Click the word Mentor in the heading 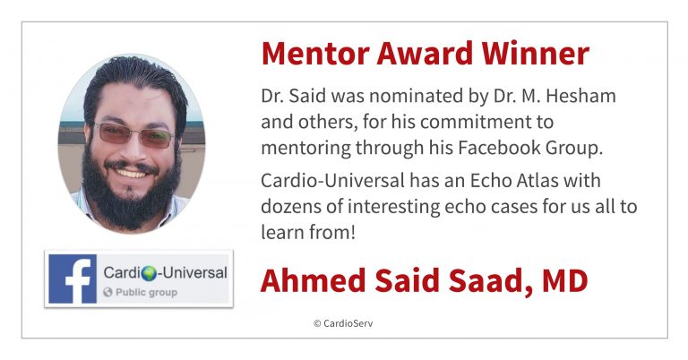click(x=315, y=54)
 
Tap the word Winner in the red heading click(x=536, y=54)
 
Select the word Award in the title click(x=426, y=54)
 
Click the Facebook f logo click(x=73, y=279)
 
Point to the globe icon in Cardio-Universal click(x=150, y=273)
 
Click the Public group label click(x=141, y=292)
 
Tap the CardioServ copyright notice click(x=343, y=323)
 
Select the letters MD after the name click(x=565, y=280)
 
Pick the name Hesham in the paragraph click(x=580, y=96)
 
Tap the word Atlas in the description click(x=537, y=180)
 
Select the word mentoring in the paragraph click(x=305, y=149)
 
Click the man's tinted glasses click(x=133, y=134)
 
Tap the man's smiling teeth click(x=131, y=173)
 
